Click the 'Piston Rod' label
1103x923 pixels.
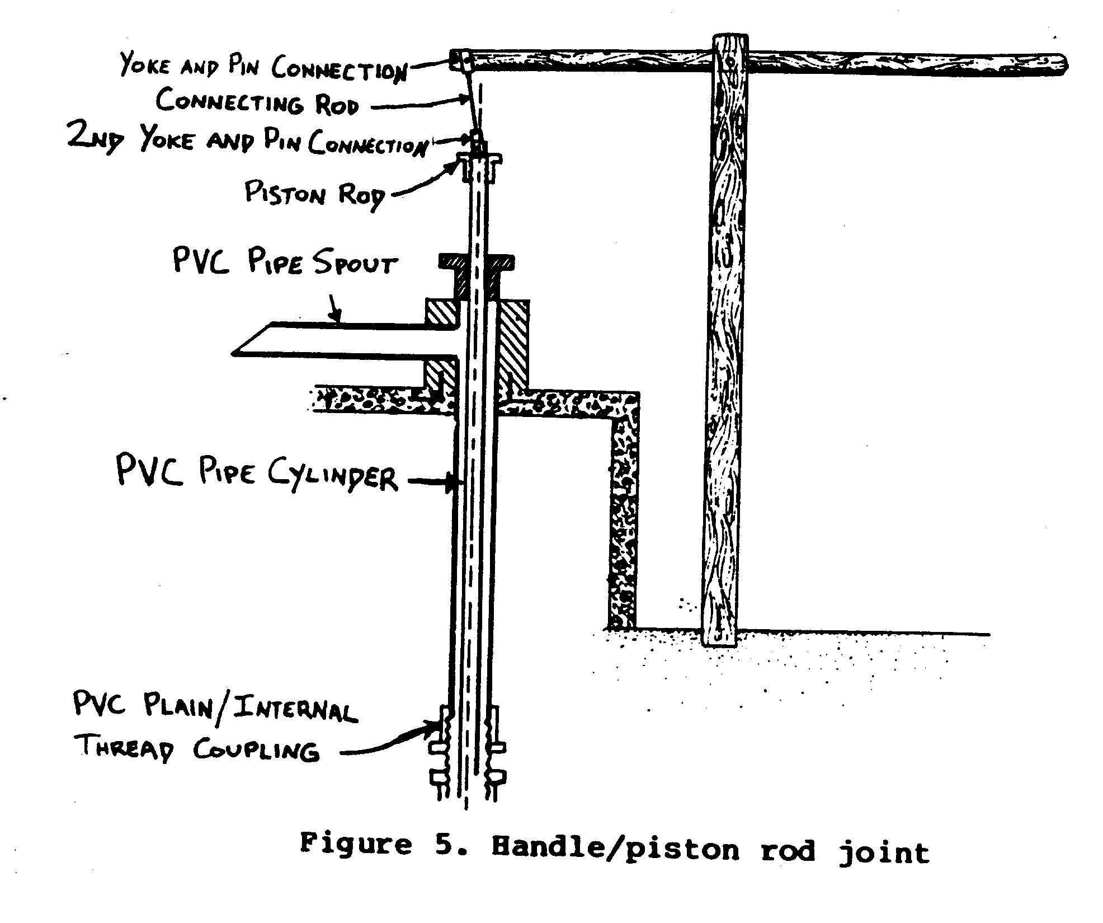pyautogui.click(x=315, y=194)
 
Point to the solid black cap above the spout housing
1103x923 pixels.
pyautogui.click(x=477, y=262)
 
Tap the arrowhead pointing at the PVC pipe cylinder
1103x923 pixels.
pyautogui.click(x=452, y=483)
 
